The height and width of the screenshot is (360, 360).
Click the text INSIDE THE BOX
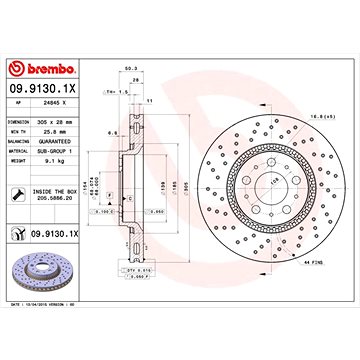(x=63, y=193)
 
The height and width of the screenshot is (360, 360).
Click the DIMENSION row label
(x=19, y=121)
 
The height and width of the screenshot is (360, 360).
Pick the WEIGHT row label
(x=16, y=157)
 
